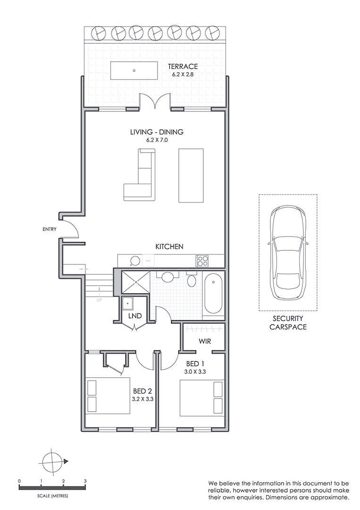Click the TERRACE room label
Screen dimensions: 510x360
coord(183,67)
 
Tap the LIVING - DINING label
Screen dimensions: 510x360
coord(156,132)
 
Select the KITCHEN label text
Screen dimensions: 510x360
coord(169,246)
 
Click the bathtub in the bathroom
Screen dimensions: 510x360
coord(214,294)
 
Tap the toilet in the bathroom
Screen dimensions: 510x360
coord(192,280)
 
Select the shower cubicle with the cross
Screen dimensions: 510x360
coord(135,283)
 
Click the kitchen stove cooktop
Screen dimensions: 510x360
coord(203,260)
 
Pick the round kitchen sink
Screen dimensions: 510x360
coord(135,260)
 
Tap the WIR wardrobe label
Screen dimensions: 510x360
coord(204,341)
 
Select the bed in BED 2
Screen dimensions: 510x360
coord(109,396)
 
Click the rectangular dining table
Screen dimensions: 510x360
coord(191,175)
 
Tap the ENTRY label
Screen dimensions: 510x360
coord(49,229)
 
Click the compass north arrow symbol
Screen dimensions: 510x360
coord(53,461)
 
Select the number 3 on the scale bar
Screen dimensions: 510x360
coord(85,481)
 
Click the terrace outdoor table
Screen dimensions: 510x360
coord(134,70)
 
